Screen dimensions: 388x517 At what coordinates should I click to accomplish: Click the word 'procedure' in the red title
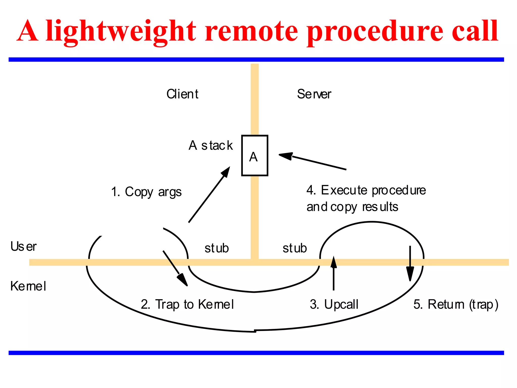[375, 31]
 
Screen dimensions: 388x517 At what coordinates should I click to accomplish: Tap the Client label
[182, 94]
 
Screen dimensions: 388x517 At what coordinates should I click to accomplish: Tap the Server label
[314, 94]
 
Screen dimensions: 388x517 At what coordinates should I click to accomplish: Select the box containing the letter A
[254, 156]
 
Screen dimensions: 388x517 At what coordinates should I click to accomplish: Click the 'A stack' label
[211, 145]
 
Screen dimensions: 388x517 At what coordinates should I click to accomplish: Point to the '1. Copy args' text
[146, 192]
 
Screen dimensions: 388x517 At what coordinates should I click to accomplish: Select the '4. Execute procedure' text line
[366, 190]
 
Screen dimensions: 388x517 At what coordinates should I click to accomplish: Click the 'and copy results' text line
[352, 207]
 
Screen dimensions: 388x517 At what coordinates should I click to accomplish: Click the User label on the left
[23, 247]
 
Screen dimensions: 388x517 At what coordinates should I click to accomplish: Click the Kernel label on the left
[28, 286]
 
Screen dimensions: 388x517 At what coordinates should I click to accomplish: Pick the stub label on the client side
[217, 248]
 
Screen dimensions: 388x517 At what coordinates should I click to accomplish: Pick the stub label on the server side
[295, 248]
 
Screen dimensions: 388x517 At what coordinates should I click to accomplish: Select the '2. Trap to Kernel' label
[187, 304]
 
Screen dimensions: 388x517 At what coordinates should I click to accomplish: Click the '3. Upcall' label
[334, 304]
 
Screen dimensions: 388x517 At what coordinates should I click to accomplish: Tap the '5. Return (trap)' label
[456, 304]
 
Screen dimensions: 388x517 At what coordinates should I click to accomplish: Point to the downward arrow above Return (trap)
[410, 264]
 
